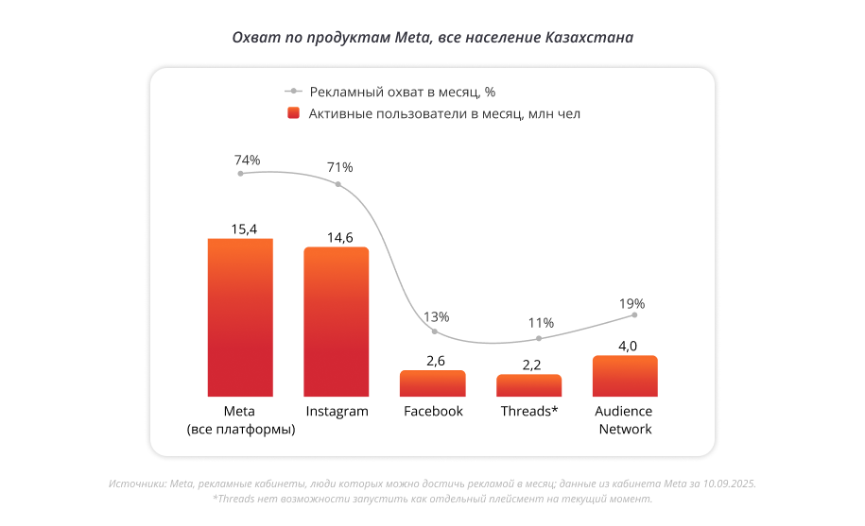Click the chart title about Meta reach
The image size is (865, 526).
pos(433,38)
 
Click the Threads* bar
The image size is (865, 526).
pos(529,385)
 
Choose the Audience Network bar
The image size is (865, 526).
pos(625,376)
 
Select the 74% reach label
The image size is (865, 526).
pos(247,160)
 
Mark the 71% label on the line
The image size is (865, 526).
pos(339,167)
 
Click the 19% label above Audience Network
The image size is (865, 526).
pos(632,304)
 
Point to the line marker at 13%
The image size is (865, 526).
pos(434,331)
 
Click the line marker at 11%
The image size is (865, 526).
pos(539,338)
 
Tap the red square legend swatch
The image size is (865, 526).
pos(293,113)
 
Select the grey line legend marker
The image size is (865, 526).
pos(293,92)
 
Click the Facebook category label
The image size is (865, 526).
pos(433,412)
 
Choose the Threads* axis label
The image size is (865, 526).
pos(529,412)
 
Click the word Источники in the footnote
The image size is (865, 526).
pos(137,483)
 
